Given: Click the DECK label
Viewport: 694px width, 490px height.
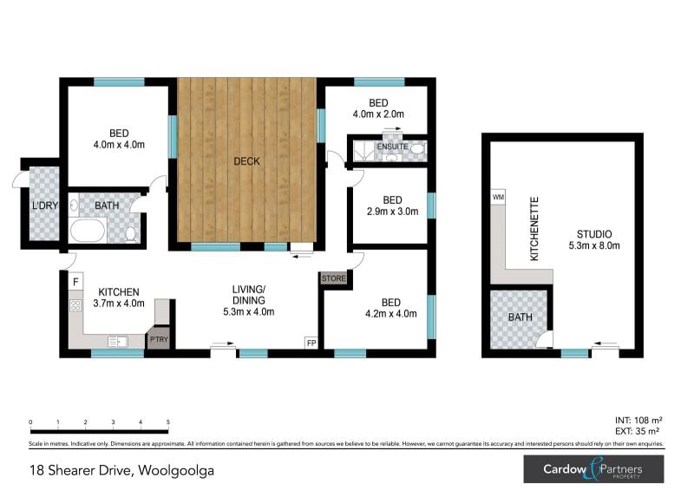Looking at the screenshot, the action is pyautogui.click(x=246, y=161).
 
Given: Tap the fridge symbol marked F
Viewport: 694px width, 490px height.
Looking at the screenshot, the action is pyautogui.click(x=75, y=282).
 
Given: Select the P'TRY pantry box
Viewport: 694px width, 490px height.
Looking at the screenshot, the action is pyautogui.click(x=159, y=339).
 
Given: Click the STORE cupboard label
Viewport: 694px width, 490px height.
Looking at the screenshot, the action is pyautogui.click(x=334, y=278).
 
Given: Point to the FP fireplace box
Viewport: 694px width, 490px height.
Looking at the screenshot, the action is pyautogui.click(x=311, y=343).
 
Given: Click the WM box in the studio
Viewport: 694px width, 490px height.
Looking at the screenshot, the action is pyautogui.click(x=498, y=197).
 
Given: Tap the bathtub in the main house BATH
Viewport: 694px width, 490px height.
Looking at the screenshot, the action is pyautogui.click(x=88, y=230).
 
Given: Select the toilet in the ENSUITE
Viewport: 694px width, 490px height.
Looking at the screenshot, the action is pyautogui.click(x=416, y=148).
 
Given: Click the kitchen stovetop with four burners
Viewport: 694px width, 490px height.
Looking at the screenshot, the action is pyautogui.click(x=75, y=305).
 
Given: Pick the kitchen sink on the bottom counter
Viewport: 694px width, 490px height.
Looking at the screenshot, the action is pyautogui.click(x=118, y=342).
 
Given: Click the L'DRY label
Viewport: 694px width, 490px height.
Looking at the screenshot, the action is pyautogui.click(x=45, y=206).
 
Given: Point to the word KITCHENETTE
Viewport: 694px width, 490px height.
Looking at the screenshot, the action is pyautogui.click(x=534, y=229).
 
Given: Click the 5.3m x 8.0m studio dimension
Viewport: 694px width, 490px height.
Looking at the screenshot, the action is pyautogui.click(x=594, y=245).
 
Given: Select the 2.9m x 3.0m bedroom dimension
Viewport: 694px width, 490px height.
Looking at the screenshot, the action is pyautogui.click(x=393, y=212).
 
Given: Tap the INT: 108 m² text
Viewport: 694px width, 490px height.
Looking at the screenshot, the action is pyautogui.click(x=638, y=420).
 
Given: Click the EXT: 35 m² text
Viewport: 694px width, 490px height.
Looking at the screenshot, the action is pyautogui.click(x=638, y=431).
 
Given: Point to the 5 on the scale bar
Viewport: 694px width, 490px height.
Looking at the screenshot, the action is pyautogui.click(x=167, y=422).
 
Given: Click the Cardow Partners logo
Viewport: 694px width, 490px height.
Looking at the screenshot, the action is pyautogui.click(x=593, y=469).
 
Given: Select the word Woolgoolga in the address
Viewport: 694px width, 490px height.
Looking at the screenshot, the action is pyautogui.click(x=176, y=471).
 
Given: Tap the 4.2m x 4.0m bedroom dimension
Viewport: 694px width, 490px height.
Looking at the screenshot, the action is pyautogui.click(x=391, y=314).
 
